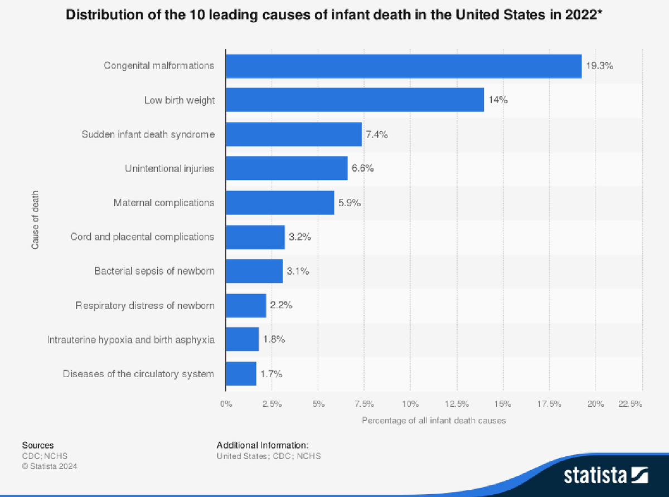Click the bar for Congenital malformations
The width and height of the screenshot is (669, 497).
pos(404,66)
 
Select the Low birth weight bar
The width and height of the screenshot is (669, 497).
pos(355,100)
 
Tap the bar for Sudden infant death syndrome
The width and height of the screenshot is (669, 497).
pos(294,134)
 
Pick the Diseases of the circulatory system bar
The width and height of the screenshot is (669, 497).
pos(241,374)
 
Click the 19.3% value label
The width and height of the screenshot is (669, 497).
pos(599,66)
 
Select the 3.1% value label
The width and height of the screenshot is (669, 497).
pos(298,271)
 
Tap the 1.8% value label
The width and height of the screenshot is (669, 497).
pos(274,340)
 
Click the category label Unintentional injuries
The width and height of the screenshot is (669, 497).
pos(169,168)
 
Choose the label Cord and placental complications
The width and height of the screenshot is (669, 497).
pos(142,237)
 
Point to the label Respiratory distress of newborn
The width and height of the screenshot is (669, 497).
pos(145,305)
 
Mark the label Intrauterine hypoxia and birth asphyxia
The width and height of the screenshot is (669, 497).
pos(131,340)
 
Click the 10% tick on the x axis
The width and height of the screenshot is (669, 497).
pos(410,404)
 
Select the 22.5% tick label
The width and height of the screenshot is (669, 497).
pos(629,404)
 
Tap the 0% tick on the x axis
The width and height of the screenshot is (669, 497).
pos(226,404)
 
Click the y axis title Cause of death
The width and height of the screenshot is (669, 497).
pos(35,220)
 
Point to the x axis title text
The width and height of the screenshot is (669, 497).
pos(434,421)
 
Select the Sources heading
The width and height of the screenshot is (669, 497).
pos(38,445)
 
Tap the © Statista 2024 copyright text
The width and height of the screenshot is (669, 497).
pos(50,466)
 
